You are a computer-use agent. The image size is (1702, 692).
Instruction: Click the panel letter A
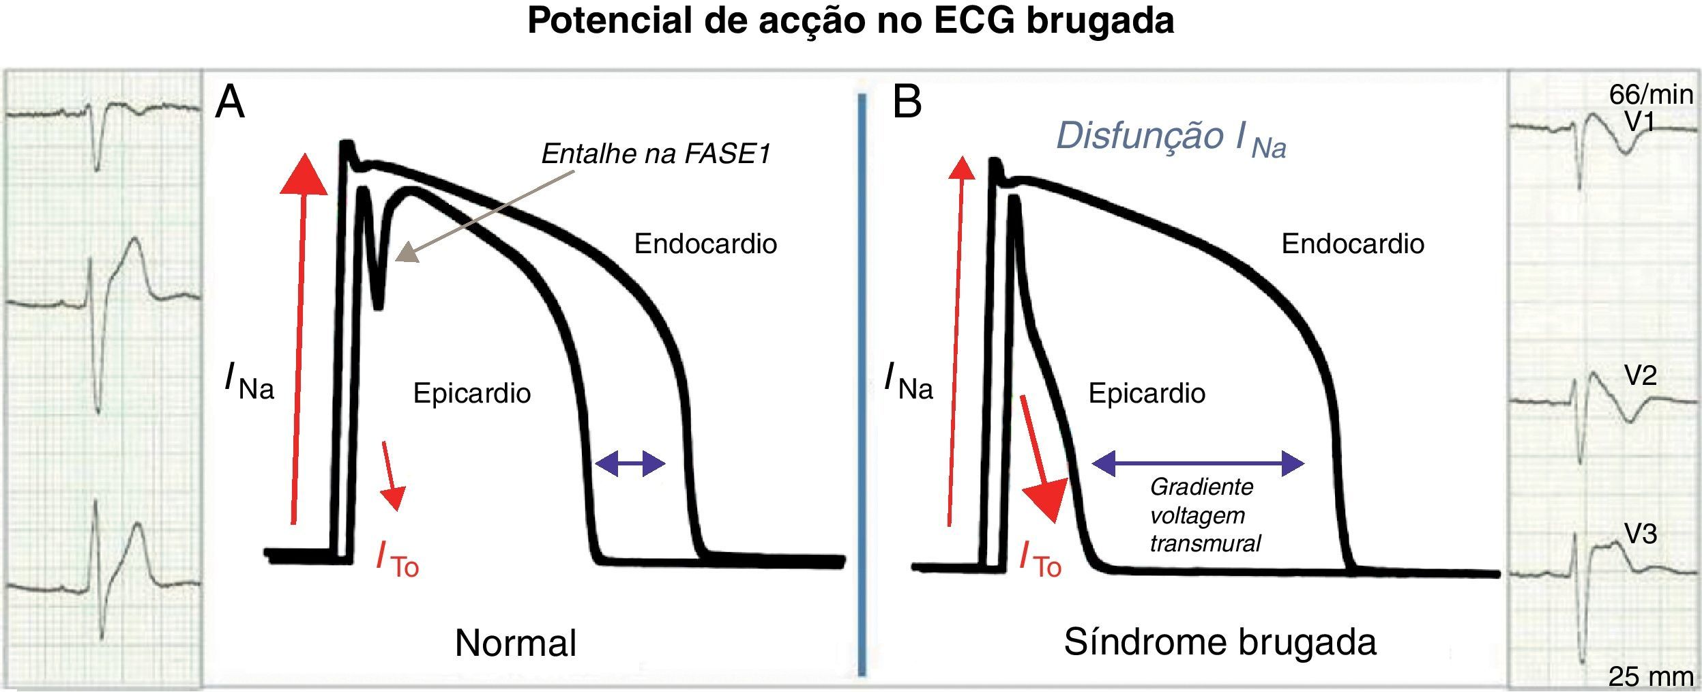tap(230, 104)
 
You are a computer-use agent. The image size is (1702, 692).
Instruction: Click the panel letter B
tap(907, 104)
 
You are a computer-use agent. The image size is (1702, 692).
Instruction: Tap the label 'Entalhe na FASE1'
tap(656, 154)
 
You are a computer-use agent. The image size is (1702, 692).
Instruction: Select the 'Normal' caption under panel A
tap(516, 643)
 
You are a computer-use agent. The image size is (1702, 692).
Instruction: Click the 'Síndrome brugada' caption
tap(1220, 641)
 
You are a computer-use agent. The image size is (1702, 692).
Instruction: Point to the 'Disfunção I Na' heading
tap(1171, 138)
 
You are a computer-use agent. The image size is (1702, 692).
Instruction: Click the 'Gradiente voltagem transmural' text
tap(1204, 515)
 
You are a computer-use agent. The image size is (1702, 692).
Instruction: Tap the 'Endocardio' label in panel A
tap(705, 244)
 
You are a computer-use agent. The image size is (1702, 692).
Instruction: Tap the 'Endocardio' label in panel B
tap(1353, 244)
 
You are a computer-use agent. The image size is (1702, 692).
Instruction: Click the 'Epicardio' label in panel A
tap(472, 393)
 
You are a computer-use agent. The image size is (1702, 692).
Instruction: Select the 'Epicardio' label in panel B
tap(1147, 393)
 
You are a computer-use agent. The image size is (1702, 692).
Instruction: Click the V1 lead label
tap(1640, 121)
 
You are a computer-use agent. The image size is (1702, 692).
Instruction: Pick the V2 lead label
tap(1640, 375)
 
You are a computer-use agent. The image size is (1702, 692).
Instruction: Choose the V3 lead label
tap(1640, 534)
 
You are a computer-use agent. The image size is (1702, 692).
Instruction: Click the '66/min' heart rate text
tap(1651, 94)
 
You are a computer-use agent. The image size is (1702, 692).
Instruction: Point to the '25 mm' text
tap(1651, 676)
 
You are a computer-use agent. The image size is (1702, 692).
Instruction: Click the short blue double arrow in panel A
tap(630, 464)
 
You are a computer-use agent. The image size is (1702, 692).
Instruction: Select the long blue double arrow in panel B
tap(1198, 464)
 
